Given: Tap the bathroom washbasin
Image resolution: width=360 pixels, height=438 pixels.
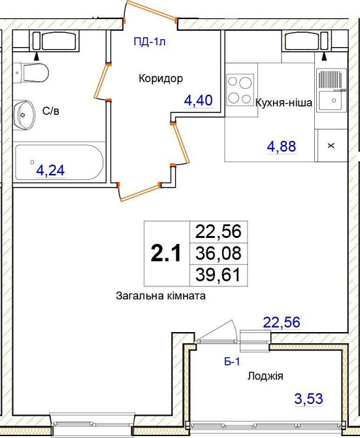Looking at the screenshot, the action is tap(24, 115).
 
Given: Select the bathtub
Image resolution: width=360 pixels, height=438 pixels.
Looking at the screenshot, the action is tap(59, 162).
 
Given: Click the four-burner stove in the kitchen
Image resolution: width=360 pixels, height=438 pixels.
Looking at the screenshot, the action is tap(240, 90).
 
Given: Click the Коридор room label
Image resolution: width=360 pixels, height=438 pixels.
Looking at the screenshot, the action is tap(161, 78).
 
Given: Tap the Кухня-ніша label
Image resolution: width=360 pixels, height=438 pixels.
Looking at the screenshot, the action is tap(284, 103).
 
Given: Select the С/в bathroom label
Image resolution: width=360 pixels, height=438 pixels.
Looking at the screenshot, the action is tap(51, 111).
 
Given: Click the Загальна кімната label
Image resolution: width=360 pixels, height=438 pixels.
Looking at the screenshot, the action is tap(161, 296).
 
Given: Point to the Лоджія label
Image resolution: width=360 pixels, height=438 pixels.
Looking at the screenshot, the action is tap(265, 377).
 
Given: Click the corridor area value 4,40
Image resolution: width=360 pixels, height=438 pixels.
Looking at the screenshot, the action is tap(199, 100).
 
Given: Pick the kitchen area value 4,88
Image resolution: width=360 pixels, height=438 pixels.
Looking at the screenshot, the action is tap(282, 146).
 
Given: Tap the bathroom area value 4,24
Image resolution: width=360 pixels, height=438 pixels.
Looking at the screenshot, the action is tap(51, 170).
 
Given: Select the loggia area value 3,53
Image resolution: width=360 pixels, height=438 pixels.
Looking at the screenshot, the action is tap(309, 398).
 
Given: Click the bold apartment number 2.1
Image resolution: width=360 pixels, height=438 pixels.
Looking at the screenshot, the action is tap(166, 254).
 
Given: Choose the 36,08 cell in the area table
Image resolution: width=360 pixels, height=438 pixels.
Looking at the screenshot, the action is tap(218, 254).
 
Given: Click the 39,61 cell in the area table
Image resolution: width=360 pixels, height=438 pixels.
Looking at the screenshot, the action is tap(218, 275).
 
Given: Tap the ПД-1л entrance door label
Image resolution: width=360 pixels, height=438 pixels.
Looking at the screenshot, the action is tap(150, 42).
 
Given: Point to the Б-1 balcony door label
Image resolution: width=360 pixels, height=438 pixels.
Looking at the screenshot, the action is tap(232, 362).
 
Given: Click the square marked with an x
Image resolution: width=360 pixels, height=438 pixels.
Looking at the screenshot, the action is tap(331, 145).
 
